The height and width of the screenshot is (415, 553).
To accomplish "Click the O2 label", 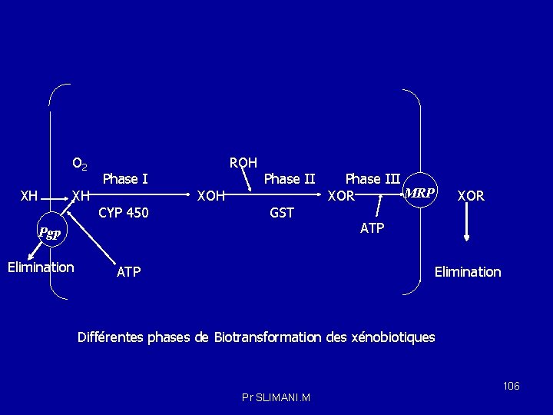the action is coord(79,164).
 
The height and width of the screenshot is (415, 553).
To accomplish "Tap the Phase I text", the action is coord(125,179).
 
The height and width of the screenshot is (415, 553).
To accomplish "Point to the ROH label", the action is coord(243,162).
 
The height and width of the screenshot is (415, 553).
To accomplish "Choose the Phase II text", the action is coord(290,179).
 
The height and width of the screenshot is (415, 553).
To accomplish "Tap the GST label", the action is coord(282,212).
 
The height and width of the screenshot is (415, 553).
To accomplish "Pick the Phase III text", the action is coord(373,179).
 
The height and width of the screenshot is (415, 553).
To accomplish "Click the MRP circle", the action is coord(419,192).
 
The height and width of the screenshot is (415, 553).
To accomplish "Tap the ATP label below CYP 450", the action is coord(128,271).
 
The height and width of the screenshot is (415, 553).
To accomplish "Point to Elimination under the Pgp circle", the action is coord(40,267).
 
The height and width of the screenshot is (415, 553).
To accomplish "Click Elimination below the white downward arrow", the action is coord(468,271).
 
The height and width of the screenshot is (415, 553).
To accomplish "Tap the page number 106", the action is coord(512,385).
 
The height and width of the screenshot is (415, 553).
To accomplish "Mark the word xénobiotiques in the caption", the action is coord(392,337).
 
